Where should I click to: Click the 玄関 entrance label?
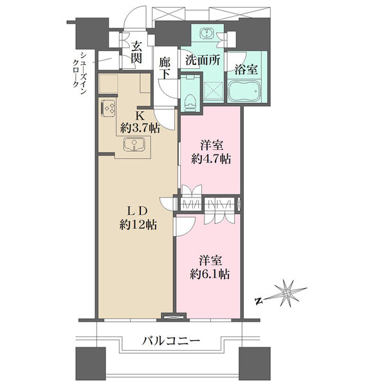(x=136, y=52)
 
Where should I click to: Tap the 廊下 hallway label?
(x=164, y=68)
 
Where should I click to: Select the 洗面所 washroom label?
(x=203, y=60)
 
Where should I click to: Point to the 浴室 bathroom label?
(x=246, y=69)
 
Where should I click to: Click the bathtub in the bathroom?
(x=244, y=91)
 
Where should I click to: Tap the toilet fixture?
(x=190, y=104)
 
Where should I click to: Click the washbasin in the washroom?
(x=207, y=33)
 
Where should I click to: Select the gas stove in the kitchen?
(x=107, y=108)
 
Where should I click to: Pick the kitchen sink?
(x=134, y=144)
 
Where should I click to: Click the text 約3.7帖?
(x=140, y=128)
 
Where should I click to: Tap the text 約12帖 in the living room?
(x=138, y=225)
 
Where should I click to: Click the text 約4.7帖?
(x=211, y=159)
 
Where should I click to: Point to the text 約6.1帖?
(x=210, y=274)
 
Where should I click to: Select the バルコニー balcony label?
(x=171, y=341)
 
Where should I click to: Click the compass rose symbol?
(x=287, y=293)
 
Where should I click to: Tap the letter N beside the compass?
(x=258, y=300)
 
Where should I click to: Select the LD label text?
(x=138, y=210)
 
